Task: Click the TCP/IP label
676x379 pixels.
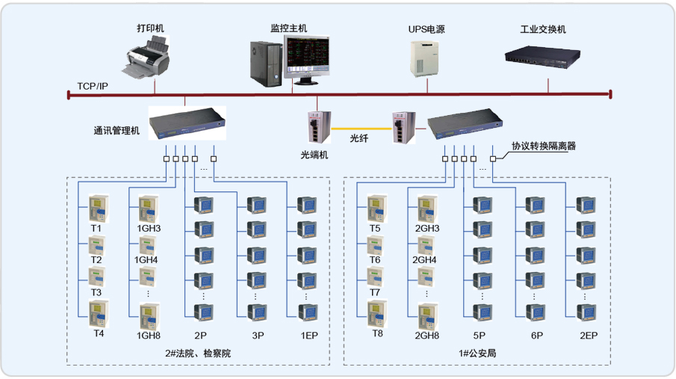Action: point(93,87)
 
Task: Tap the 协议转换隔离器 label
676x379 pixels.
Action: point(544,147)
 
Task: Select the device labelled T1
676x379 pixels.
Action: point(98,208)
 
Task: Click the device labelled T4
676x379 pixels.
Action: point(98,314)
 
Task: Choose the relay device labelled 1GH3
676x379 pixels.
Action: point(149,208)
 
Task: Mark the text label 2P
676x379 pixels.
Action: point(200,336)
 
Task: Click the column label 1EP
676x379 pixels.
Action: point(308,336)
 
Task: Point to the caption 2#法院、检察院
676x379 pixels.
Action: point(198,353)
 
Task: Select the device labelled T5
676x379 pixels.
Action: point(375,208)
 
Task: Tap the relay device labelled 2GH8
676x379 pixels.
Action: point(427,314)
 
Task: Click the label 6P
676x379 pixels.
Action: point(536,336)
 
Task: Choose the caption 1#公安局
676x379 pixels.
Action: point(477,353)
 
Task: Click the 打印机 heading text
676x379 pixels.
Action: point(150,28)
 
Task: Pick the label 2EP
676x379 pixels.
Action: point(589,336)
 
